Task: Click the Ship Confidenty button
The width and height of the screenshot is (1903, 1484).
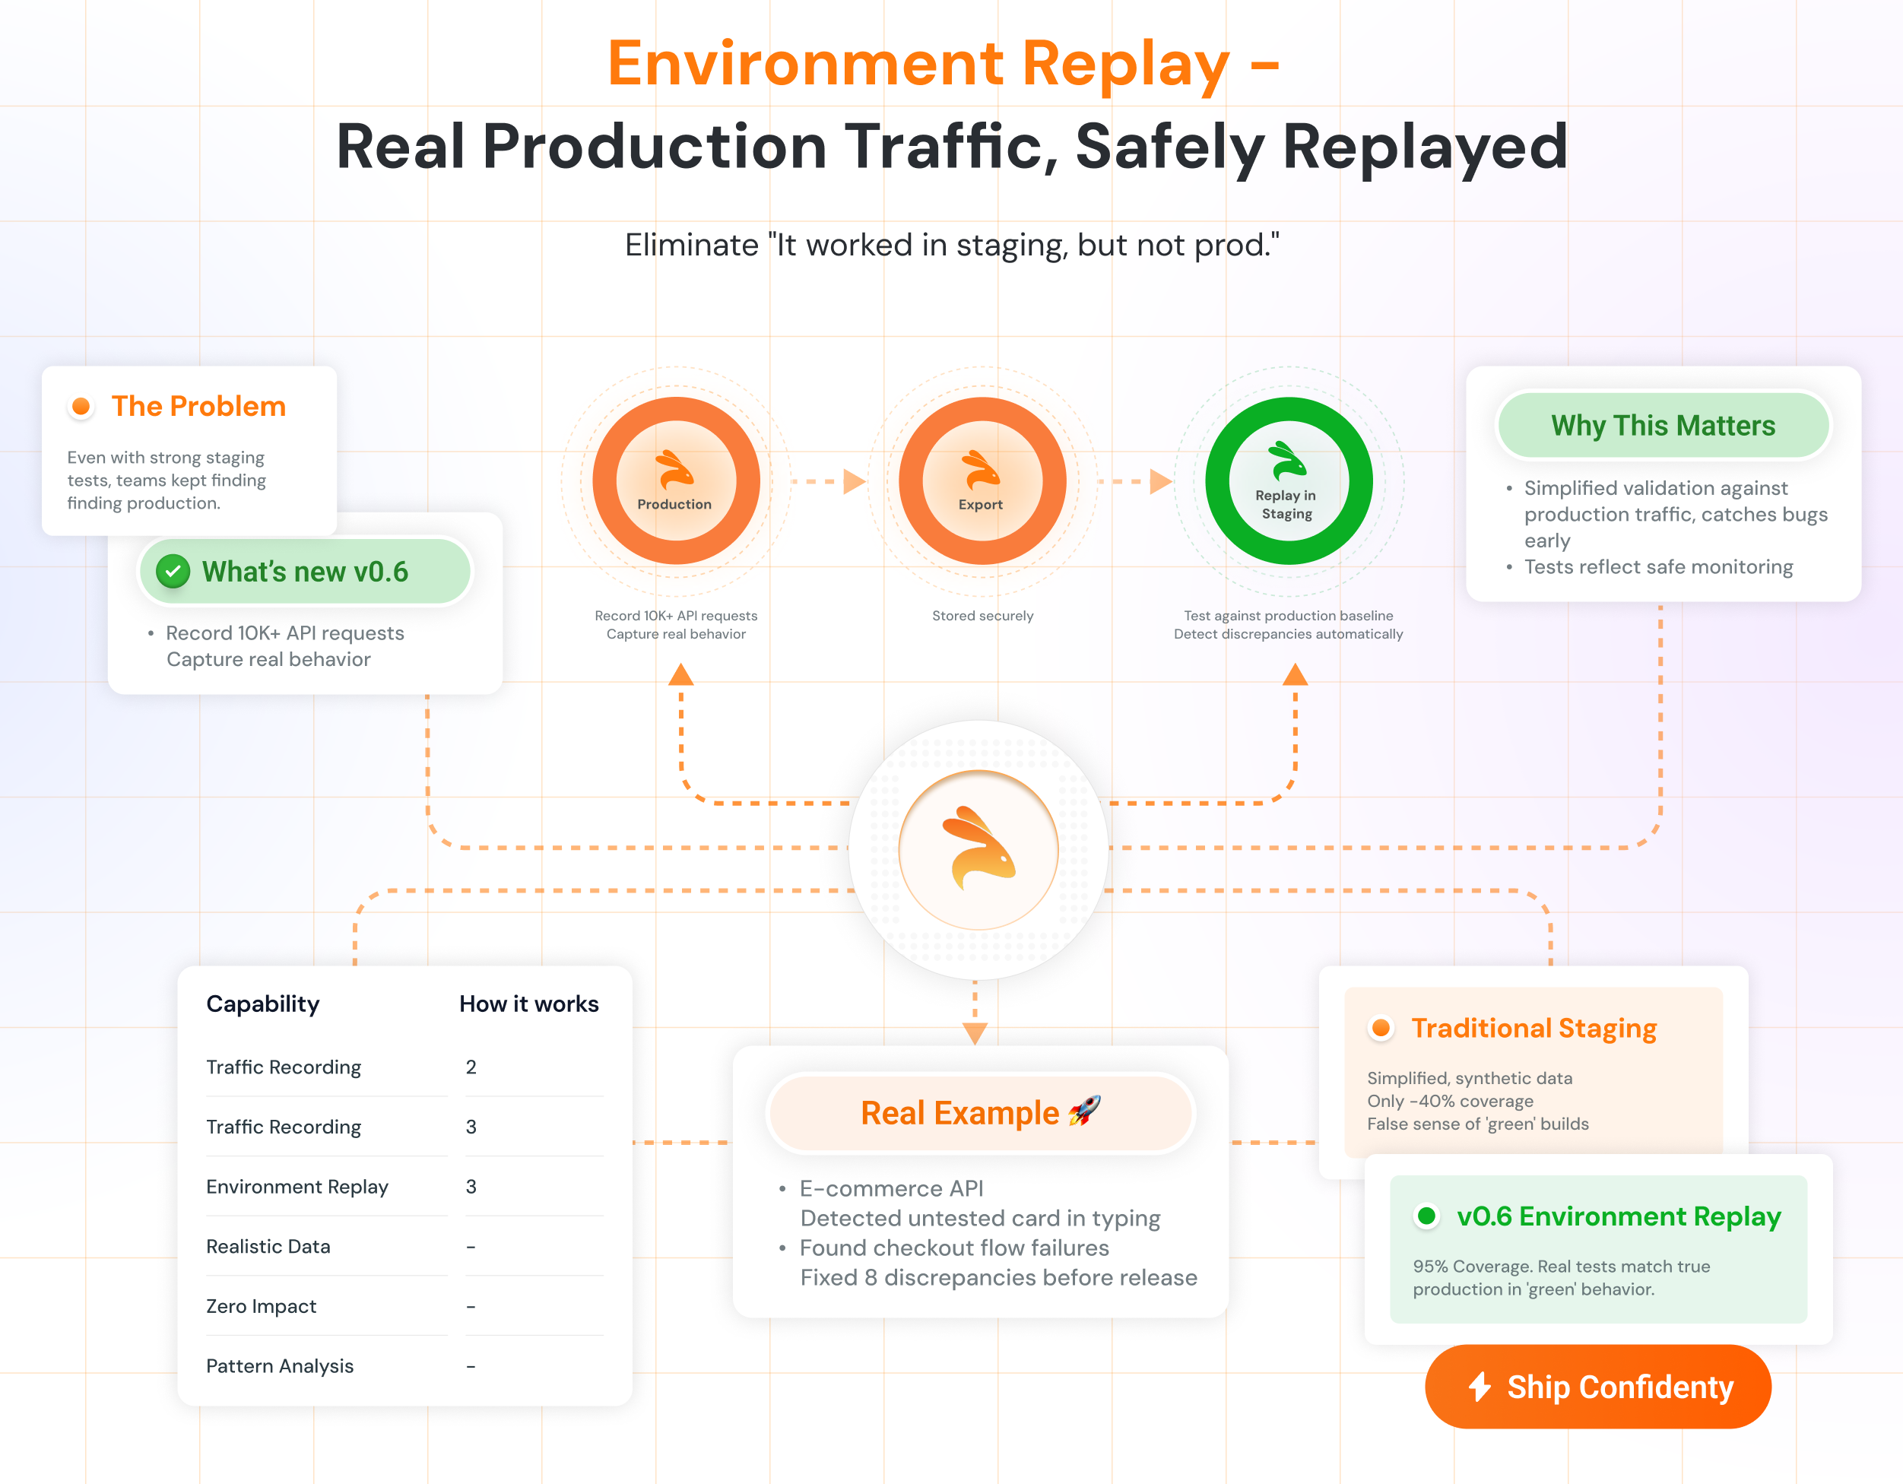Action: tap(1597, 1387)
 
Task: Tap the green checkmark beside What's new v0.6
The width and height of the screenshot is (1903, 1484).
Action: tap(173, 572)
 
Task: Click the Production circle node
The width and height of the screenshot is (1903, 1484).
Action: tap(676, 481)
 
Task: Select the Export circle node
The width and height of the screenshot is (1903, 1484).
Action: tap(982, 481)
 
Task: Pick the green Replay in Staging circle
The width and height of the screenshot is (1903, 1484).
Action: tap(1288, 481)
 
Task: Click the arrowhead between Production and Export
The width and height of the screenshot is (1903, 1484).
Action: tap(855, 481)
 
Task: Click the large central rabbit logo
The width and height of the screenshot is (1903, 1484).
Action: tap(978, 850)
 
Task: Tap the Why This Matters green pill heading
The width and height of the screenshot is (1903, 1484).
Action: tap(1663, 425)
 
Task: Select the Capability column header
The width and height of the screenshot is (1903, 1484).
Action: tap(262, 1004)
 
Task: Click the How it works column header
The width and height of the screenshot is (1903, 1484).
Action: tap(529, 1004)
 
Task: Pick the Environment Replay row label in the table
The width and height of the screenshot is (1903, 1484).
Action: tap(297, 1187)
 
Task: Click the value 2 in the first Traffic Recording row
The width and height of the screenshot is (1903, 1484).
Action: tap(471, 1067)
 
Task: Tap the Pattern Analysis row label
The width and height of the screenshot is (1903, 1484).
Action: tap(280, 1366)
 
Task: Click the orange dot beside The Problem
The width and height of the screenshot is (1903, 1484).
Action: tap(81, 406)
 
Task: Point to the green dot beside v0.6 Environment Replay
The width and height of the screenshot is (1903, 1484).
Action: tap(1426, 1216)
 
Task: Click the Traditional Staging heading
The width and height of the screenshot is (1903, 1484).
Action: tap(1534, 1029)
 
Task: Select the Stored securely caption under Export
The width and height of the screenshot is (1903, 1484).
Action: tap(982, 616)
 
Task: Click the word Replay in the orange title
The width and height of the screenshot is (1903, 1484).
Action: tap(1126, 65)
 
